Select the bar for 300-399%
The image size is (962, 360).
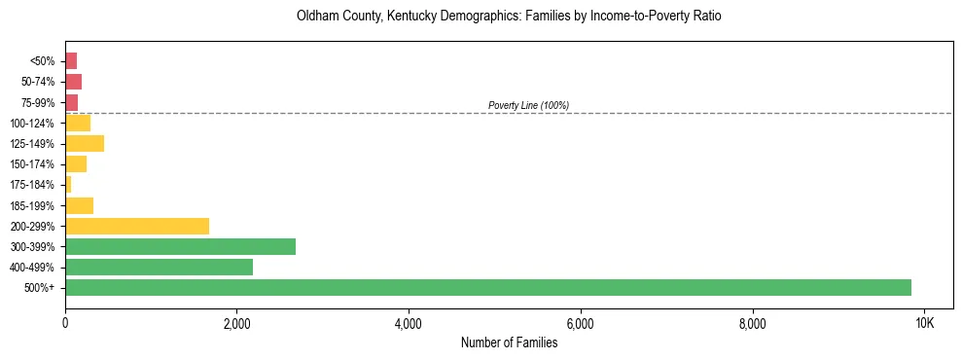(180, 246)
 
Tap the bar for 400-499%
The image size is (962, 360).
(159, 267)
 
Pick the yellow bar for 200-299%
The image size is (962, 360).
(137, 226)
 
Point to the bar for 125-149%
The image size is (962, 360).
(85, 143)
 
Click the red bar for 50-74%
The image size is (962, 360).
(73, 81)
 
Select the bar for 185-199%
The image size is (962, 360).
(79, 205)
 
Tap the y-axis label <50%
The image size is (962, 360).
(42, 61)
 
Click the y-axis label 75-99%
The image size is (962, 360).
(38, 102)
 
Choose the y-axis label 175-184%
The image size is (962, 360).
(32, 185)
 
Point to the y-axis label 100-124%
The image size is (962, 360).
(32, 123)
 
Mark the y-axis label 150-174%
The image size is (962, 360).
(32, 164)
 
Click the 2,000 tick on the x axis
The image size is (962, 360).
(236, 322)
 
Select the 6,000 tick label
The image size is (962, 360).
(580, 322)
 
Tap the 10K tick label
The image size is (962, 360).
(924, 322)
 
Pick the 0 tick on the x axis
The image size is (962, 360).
(65, 322)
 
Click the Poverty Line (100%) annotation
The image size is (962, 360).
(528, 105)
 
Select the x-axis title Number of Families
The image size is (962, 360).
(509, 342)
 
